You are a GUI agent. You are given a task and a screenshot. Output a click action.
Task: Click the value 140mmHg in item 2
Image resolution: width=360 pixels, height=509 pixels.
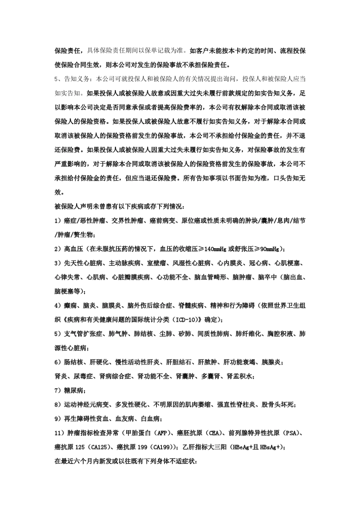pyautogui.click(x=215, y=249)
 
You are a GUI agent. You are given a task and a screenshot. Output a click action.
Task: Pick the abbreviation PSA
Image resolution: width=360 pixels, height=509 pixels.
pyautogui.click(x=292, y=433)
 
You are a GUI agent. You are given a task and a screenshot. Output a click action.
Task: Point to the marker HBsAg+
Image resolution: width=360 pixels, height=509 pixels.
pyautogui.click(x=272, y=447)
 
